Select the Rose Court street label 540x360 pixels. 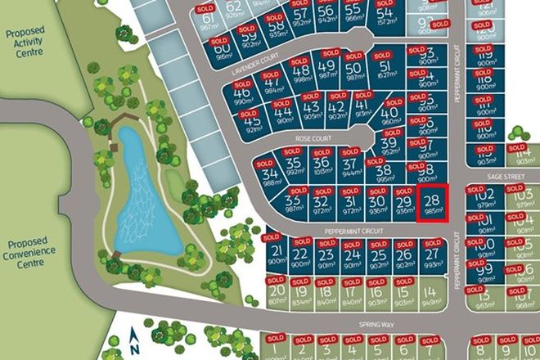(313, 140)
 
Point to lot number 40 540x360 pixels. (391, 115)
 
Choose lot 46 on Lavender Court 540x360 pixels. (241, 95)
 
